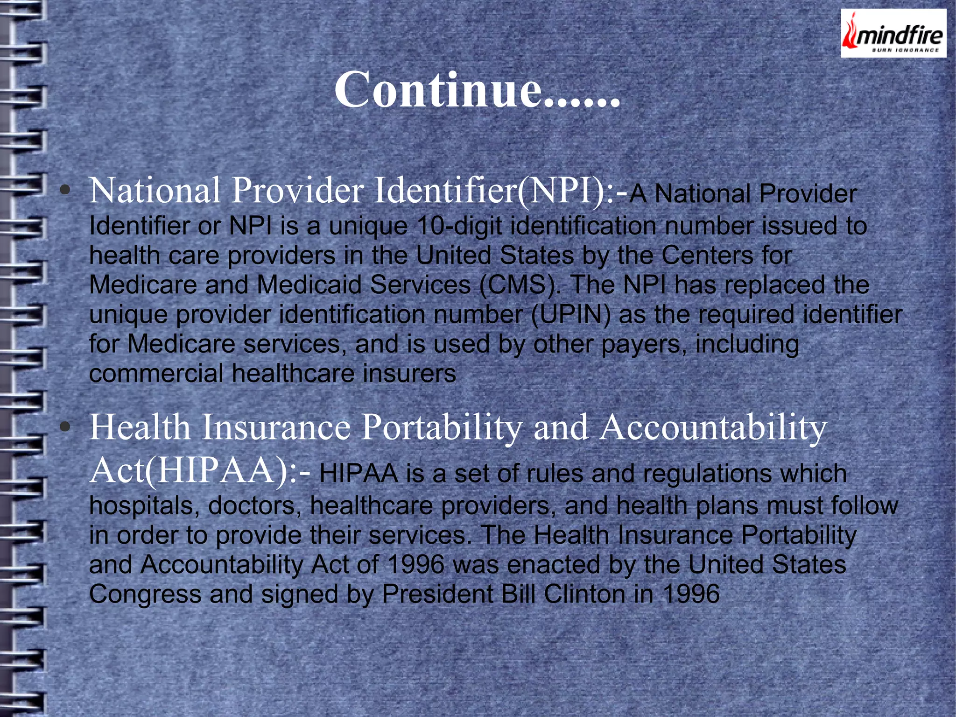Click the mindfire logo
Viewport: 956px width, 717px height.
(x=893, y=34)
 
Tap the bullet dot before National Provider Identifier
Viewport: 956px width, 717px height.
(x=65, y=190)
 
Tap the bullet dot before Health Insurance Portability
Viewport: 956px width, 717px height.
(x=65, y=426)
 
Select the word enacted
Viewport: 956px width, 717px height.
(x=554, y=565)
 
